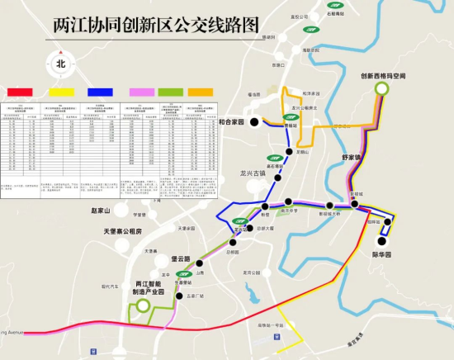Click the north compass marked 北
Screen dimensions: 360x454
click(x=60, y=63)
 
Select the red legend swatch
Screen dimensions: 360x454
click(x=20, y=91)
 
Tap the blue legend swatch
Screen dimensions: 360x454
click(x=101, y=91)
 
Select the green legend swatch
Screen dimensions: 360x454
click(x=171, y=91)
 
